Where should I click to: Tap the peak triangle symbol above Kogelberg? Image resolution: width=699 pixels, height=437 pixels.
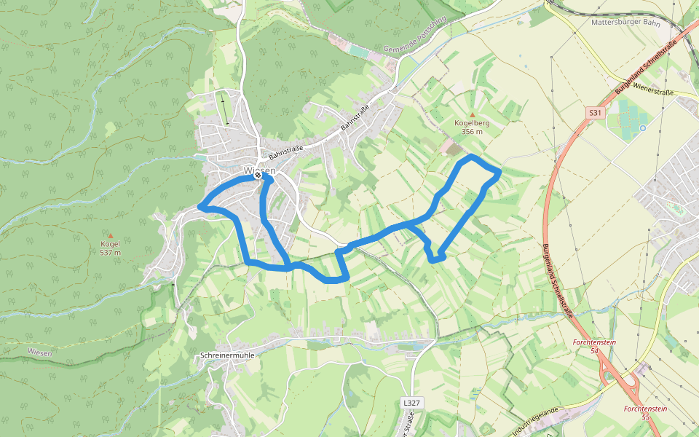pyautogui.click(x=472, y=115)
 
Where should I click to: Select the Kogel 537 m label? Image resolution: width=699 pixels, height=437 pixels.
pyautogui.click(x=110, y=248)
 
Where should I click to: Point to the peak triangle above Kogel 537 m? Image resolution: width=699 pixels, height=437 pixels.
pyautogui.click(x=110, y=235)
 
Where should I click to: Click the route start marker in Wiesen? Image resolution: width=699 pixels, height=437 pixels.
pyautogui.click(x=258, y=174)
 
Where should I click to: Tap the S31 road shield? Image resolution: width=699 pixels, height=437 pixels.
pyautogui.click(x=596, y=113)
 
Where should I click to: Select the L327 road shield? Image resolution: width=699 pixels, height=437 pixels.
pyautogui.click(x=411, y=403)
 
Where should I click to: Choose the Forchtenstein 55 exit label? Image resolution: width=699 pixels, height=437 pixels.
pyautogui.click(x=646, y=413)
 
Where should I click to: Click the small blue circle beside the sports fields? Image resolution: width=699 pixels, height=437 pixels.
pyautogui.click(x=643, y=127)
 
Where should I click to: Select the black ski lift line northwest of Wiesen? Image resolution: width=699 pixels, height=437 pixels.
pyautogui.click(x=225, y=109)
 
